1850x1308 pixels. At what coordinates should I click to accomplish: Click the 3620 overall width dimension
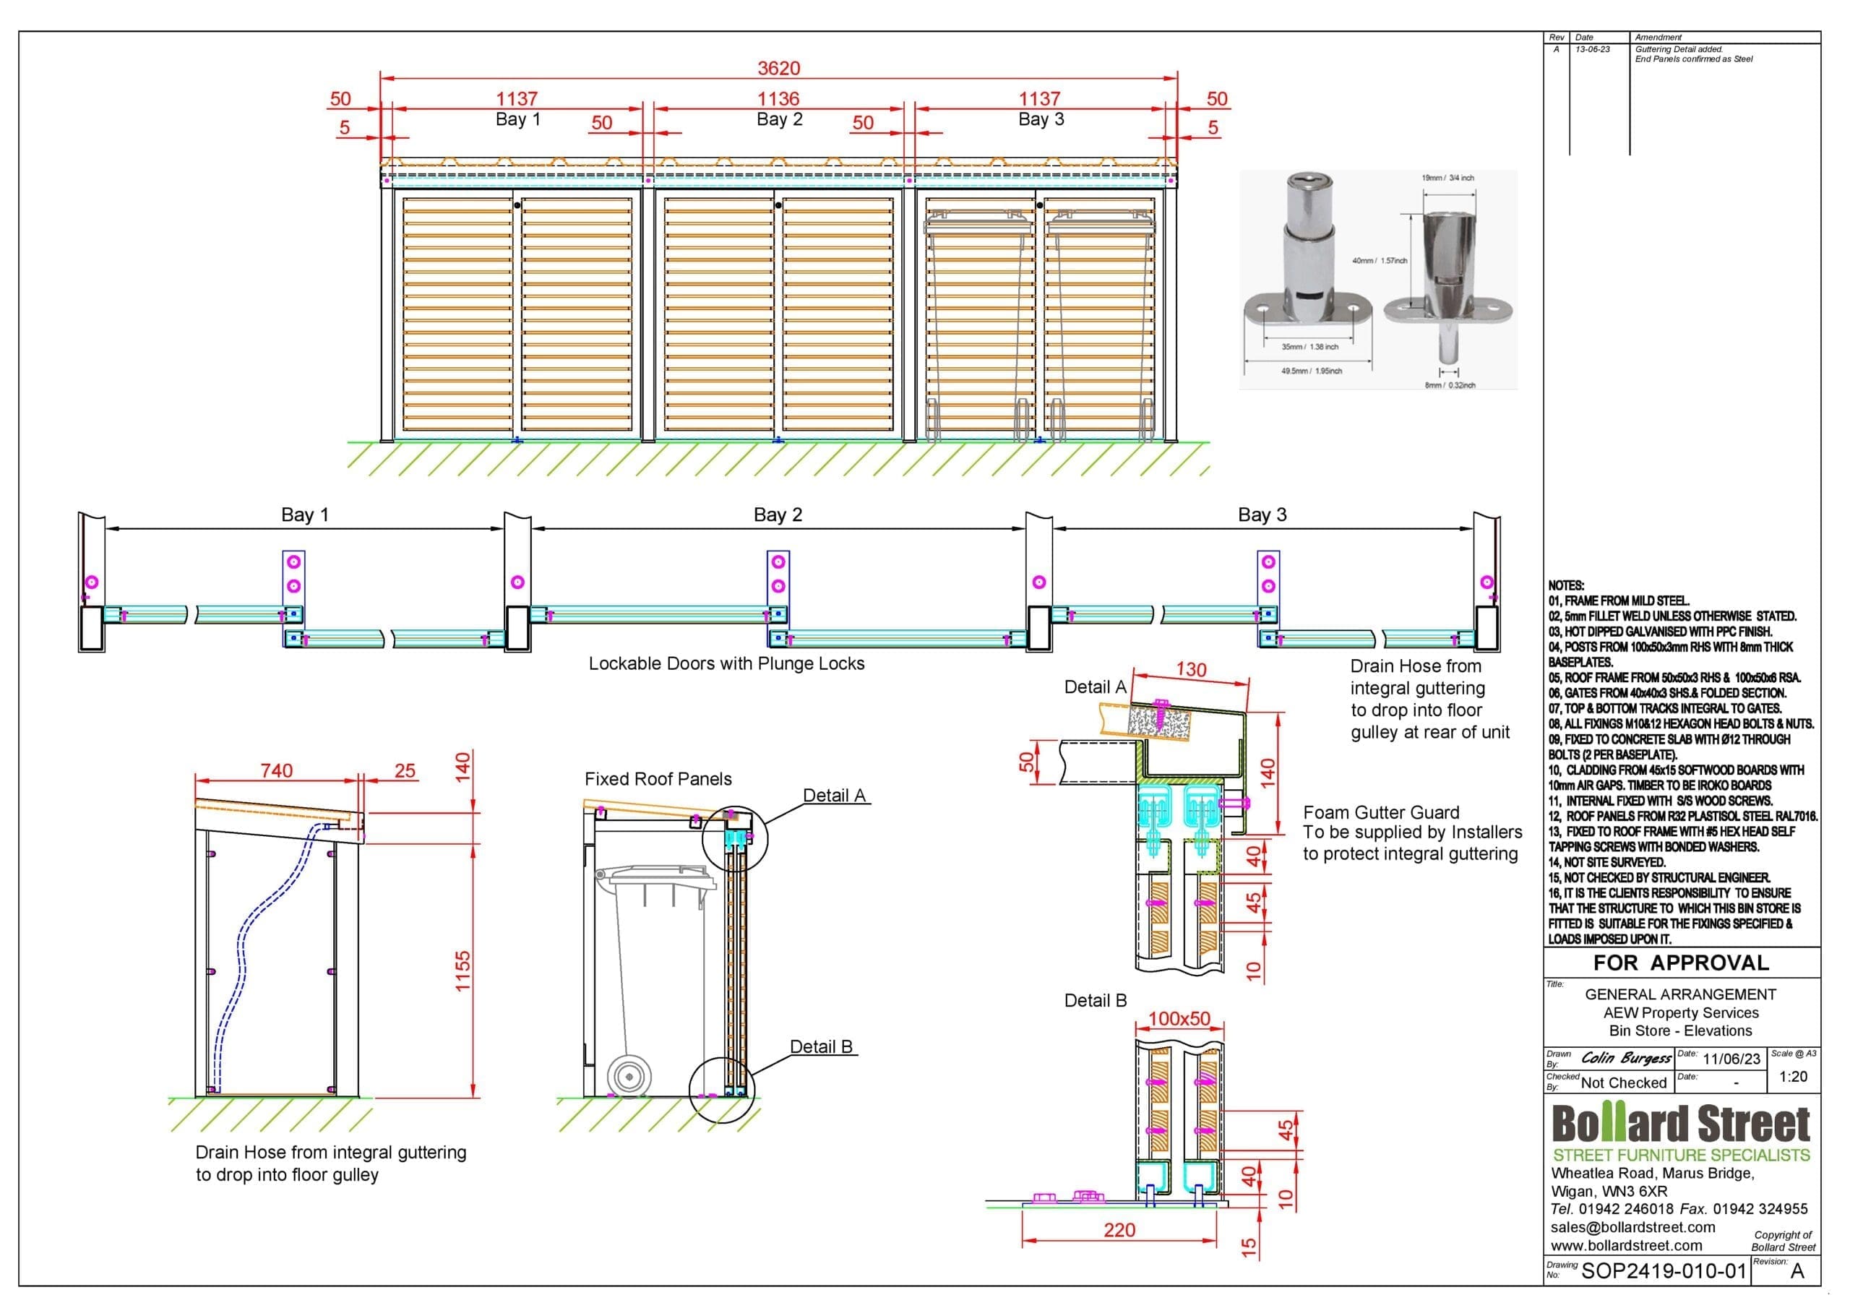pyautogui.click(x=778, y=69)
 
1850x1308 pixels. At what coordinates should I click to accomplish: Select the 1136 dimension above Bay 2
pyautogui.click(x=778, y=99)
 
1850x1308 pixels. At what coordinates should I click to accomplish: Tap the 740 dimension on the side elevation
pyautogui.click(x=276, y=771)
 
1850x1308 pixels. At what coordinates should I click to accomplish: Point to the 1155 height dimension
pyautogui.click(x=462, y=971)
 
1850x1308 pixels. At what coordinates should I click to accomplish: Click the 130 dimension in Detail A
pyautogui.click(x=1191, y=670)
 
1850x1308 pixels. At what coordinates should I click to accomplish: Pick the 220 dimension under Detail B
pyautogui.click(x=1119, y=1230)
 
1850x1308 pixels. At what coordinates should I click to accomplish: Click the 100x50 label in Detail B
pyautogui.click(x=1179, y=1019)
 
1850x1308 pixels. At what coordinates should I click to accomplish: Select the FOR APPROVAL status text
pyautogui.click(x=1681, y=963)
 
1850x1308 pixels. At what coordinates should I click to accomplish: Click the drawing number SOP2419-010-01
pyautogui.click(x=1664, y=1272)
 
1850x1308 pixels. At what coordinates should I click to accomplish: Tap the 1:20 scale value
pyautogui.click(x=1793, y=1077)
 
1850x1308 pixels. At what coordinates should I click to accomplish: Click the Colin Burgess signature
pyautogui.click(x=1626, y=1057)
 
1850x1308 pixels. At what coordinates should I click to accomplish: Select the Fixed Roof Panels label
pyautogui.click(x=658, y=779)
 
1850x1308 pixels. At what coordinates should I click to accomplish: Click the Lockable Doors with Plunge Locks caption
pyautogui.click(x=726, y=664)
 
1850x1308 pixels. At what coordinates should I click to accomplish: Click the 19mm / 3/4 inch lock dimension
pyautogui.click(x=1448, y=177)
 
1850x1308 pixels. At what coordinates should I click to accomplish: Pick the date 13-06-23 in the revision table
pyautogui.click(x=1592, y=49)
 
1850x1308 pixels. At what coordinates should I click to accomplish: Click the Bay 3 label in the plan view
pyautogui.click(x=1262, y=515)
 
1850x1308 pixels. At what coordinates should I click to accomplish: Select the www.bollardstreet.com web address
pyautogui.click(x=1626, y=1245)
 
